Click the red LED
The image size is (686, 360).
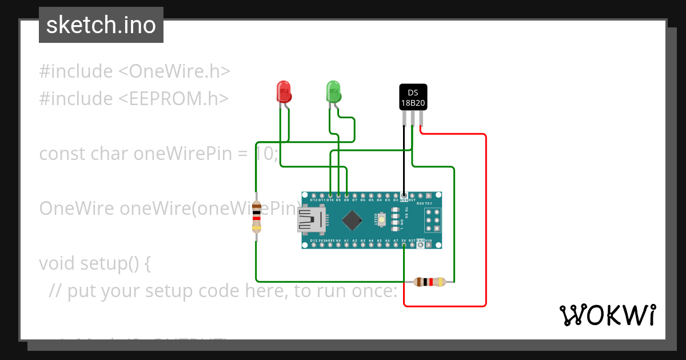coord(284,91)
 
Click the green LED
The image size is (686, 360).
coord(333,91)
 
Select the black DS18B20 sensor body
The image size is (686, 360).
coord(413,97)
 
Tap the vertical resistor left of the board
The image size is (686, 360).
coord(257,218)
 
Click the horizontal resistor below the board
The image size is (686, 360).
coord(429,281)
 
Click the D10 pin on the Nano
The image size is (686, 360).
coord(330,195)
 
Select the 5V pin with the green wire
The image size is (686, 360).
coord(404,245)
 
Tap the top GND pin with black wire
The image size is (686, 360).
coord(404,195)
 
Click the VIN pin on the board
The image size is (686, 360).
coord(429,245)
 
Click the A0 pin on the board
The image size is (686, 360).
coord(338,245)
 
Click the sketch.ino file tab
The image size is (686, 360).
coord(101,25)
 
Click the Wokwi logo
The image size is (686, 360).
coord(607,315)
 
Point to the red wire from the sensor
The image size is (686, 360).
coord(485,217)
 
